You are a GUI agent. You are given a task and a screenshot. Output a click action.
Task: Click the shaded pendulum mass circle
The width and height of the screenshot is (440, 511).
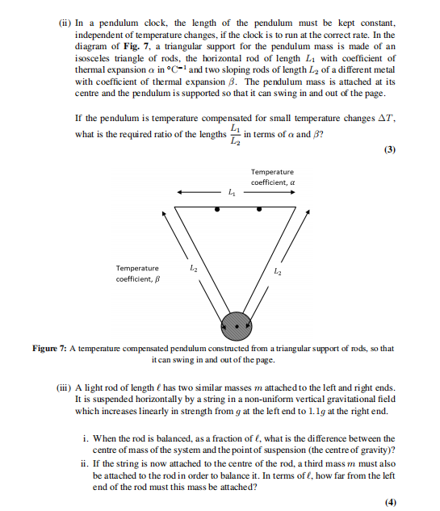(237, 325)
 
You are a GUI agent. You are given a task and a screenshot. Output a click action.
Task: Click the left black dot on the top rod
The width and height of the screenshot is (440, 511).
(217, 209)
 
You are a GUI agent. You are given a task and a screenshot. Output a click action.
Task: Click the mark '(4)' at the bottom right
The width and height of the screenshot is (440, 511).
(392, 501)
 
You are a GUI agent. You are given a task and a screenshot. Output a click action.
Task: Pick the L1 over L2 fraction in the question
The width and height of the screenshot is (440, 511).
(235, 135)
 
